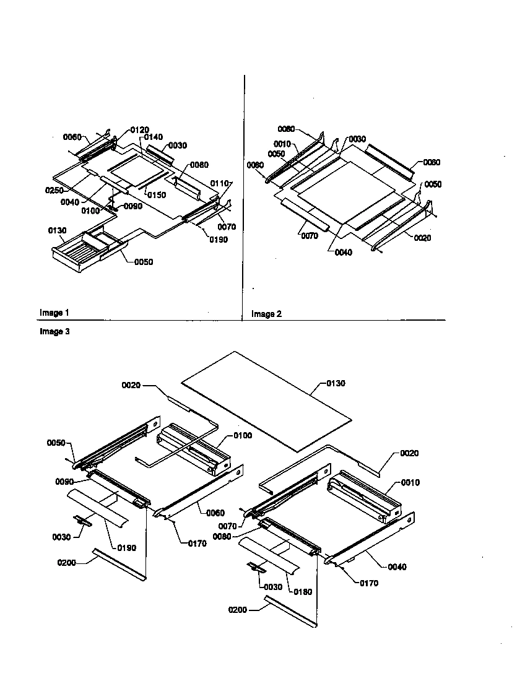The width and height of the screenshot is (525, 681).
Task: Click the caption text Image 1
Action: tap(54, 313)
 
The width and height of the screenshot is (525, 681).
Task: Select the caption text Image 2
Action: tap(266, 314)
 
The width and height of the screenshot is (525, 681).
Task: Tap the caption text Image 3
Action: tap(54, 332)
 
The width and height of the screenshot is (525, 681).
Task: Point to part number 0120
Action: tap(139, 130)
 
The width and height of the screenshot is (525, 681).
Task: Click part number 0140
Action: tap(154, 137)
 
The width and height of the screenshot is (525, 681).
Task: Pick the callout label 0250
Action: tap(53, 190)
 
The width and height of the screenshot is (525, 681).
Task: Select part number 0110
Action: tap(220, 183)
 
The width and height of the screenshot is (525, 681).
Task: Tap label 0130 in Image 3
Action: tap(335, 383)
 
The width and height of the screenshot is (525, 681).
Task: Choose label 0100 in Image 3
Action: tap(243, 436)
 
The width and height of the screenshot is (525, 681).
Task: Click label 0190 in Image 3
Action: tap(127, 547)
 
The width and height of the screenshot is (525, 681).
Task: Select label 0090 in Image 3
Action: tap(66, 481)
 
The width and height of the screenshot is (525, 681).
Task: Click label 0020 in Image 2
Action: tap(422, 238)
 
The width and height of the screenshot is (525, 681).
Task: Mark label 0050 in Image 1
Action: tap(143, 262)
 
